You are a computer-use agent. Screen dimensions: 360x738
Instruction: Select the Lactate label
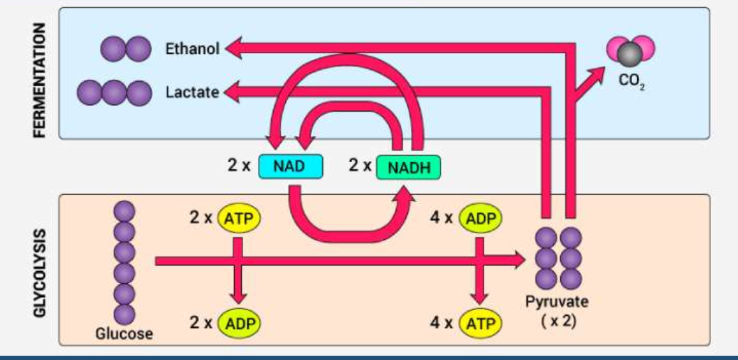coord(192,92)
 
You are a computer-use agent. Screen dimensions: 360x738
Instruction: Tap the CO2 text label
coord(630,81)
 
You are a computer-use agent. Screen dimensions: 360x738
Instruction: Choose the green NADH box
coord(408,167)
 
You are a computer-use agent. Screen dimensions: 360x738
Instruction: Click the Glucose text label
coord(124,334)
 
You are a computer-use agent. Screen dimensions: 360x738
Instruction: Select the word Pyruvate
coord(557,301)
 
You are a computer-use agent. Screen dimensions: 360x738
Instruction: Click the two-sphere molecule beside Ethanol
coord(125,49)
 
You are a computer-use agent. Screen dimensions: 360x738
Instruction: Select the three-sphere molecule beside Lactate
coord(114,92)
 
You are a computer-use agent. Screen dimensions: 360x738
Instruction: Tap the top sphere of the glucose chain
coord(125,211)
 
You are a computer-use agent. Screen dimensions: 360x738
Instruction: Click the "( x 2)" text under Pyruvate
coord(558,320)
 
